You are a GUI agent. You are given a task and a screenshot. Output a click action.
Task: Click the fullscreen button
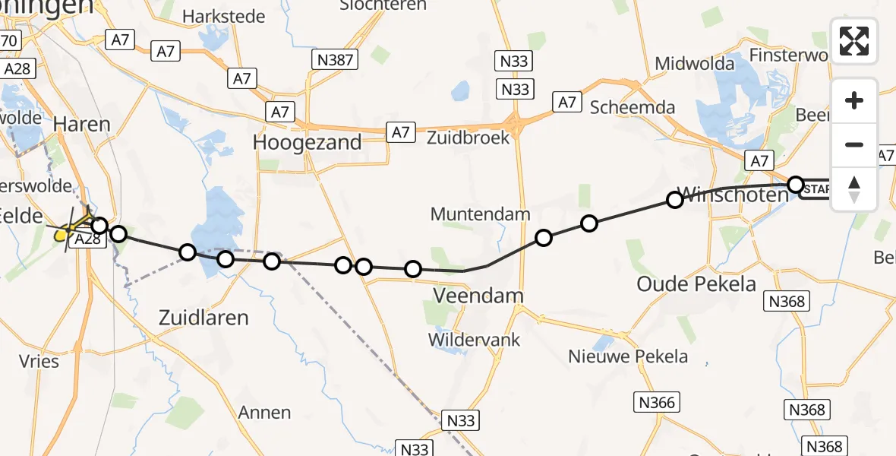click(x=854, y=40)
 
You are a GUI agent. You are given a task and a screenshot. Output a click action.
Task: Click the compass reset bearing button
click(x=854, y=188)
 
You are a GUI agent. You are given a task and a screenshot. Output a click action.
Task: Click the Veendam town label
click(x=468, y=295)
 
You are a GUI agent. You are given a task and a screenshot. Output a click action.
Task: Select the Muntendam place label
click(x=480, y=214)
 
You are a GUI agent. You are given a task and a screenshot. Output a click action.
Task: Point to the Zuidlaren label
click(x=203, y=317)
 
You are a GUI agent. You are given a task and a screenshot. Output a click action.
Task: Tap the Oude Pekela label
click(x=696, y=284)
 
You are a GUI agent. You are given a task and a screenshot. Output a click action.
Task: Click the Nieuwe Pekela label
click(x=629, y=356)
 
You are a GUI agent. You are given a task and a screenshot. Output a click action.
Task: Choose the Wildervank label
click(x=475, y=339)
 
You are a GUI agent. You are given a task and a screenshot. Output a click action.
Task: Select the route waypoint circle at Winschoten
click(x=674, y=200)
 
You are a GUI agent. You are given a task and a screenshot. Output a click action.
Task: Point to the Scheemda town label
click(x=633, y=107)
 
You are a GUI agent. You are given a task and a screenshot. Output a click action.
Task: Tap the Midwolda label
click(x=695, y=63)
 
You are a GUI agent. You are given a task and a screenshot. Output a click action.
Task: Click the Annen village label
click(x=264, y=413)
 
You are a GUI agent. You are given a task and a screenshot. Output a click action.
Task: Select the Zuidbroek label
click(x=468, y=138)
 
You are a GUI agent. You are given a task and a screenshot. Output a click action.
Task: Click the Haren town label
click(x=82, y=124)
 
